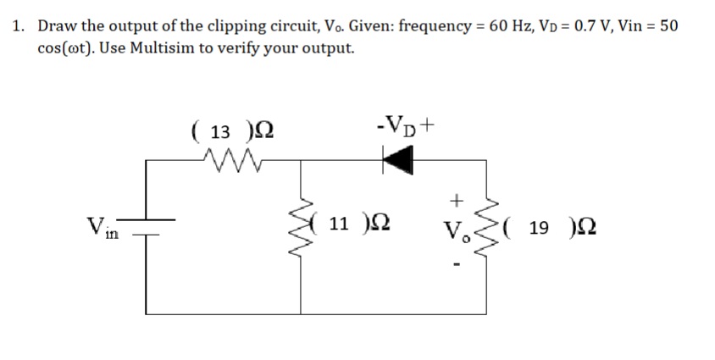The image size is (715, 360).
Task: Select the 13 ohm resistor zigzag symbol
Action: tap(231, 157)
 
